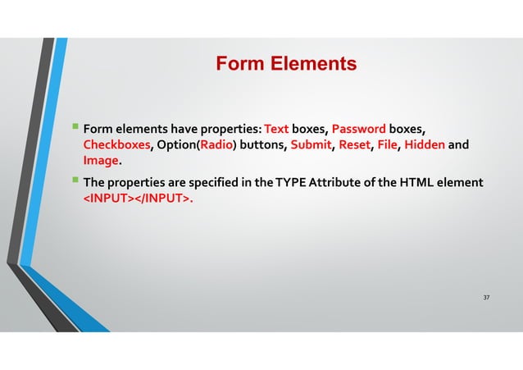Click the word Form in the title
[x=238, y=64]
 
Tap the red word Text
[x=278, y=129]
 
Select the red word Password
[x=359, y=129]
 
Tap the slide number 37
[x=486, y=296]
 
